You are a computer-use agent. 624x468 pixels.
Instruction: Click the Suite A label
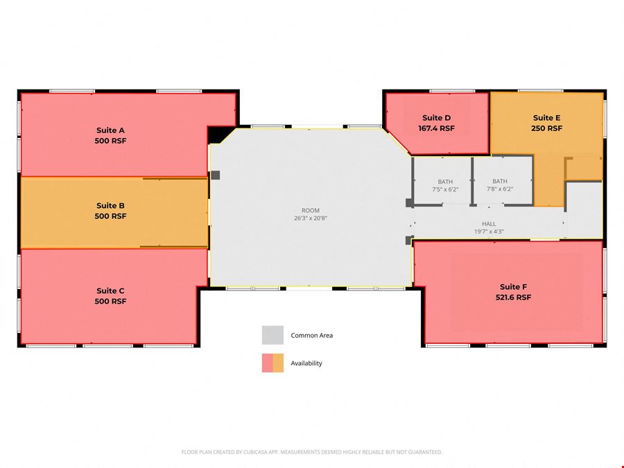pos(110,130)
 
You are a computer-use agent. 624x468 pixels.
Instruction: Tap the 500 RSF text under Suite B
pos(110,216)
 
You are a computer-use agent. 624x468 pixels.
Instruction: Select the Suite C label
pos(110,291)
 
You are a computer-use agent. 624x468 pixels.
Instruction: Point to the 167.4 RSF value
pos(436,128)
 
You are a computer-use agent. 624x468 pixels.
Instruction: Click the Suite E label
pos(546,118)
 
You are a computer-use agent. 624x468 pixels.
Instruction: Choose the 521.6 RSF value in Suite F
pos(513,297)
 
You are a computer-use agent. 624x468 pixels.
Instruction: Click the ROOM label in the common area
pos(311,211)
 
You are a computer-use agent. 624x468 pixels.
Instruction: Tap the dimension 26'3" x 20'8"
pos(311,218)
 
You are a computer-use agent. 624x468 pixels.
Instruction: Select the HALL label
pos(489,224)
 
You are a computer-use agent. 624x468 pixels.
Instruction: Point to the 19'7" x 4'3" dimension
pos(489,232)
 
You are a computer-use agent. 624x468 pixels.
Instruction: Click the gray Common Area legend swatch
pos(272,335)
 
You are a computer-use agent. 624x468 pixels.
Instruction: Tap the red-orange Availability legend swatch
pos(272,363)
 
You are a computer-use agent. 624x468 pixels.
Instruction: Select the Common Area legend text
pos(311,336)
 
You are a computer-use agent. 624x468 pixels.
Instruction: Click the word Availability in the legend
pos(306,363)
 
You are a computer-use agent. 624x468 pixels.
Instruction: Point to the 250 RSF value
pos(546,128)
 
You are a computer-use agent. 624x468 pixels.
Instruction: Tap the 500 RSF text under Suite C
pos(110,302)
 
